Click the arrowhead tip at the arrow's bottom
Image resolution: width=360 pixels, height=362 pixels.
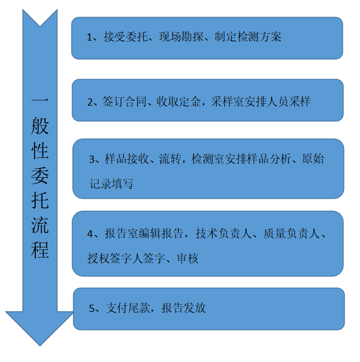pos(40,346)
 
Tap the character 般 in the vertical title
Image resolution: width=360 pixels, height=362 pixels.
pos(40,126)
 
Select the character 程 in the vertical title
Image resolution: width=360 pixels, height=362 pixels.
pos(40,250)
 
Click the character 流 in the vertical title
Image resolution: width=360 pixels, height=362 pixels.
pos(40,225)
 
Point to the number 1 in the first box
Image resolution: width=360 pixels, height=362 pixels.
pos(90,38)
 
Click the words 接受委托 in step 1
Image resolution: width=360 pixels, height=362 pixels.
pos(125,37)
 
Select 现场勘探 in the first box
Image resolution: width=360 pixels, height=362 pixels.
pos(181,37)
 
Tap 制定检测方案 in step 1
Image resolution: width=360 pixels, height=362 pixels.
pos(248,37)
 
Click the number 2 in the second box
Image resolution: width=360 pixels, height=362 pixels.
pos(90,102)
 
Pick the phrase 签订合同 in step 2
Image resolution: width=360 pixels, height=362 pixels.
pos(124,102)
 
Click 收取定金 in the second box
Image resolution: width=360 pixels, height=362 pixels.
pos(179,102)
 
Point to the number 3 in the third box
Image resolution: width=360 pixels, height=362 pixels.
pos(92,159)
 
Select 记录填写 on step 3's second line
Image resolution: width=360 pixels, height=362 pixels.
pos(112,184)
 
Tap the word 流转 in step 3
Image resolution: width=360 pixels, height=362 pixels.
pos(170,159)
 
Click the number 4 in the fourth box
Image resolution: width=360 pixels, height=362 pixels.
pos(90,234)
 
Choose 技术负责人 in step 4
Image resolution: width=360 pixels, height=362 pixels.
pos(223,233)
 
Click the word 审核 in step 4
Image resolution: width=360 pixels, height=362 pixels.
pos(187,258)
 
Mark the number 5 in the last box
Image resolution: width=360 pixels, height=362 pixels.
pos(92,308)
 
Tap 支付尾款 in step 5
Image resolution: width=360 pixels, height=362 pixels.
pos(128,308)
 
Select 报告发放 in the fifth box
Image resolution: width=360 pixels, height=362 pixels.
pos(183,308)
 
